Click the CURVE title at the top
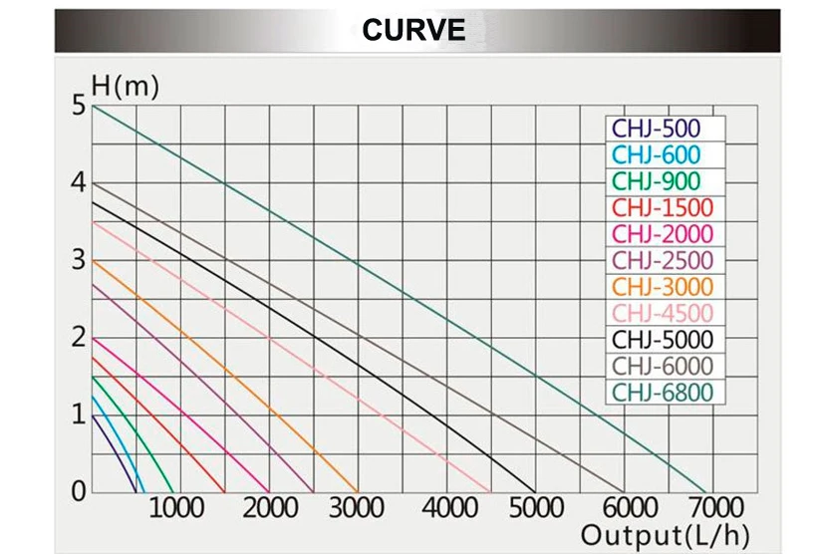tap(413, 30)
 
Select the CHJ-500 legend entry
tap(657, 129)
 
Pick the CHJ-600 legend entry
tap(657, 154)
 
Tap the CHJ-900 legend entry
tap(657, 181)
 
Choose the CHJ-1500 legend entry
tap(663, 208)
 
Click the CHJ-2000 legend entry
tap(663, 234)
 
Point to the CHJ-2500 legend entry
tap(663, 261)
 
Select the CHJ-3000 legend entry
tap(663, 287)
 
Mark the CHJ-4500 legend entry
tap(663, 314)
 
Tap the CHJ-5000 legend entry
tap(663, 340)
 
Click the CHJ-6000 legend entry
tap(663, 367)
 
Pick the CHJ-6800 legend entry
tap(663, 393)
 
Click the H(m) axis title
tap(125, 88)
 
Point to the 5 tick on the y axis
tap(78, 106)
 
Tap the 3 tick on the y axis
tap(78, 260)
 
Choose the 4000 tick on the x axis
tap(447, 508)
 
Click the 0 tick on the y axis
tap(78, 491)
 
